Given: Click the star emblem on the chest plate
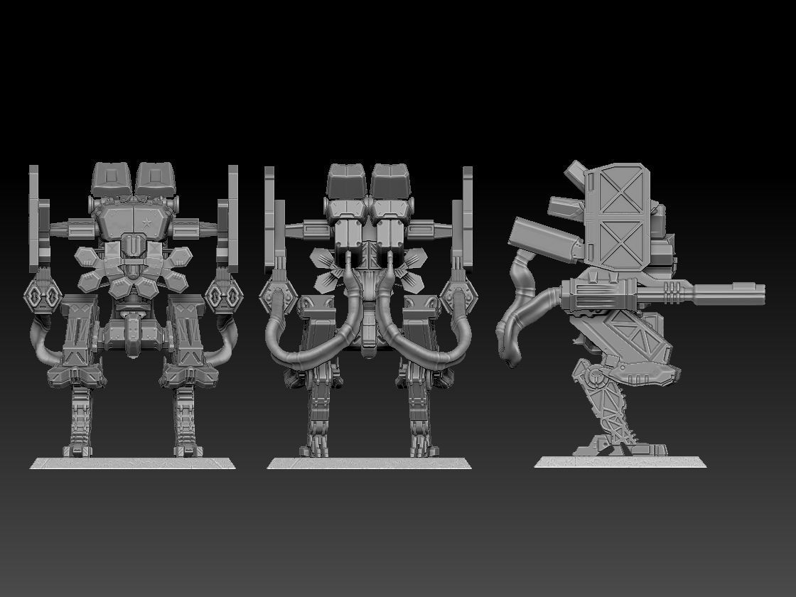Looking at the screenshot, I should click(146, 223).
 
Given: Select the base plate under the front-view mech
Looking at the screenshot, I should click(132, 463).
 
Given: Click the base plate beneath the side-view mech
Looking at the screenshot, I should click(620, 462).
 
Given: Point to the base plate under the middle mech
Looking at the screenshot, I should click(369, 463).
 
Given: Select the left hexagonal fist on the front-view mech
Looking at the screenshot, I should click(43, 294).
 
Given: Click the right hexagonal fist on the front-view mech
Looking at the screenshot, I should click(222, 294).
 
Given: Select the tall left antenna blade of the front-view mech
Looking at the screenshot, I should click(33, 206).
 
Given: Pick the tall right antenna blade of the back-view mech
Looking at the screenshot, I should click(467, 206).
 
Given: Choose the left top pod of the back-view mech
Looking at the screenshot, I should click(347, 181).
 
